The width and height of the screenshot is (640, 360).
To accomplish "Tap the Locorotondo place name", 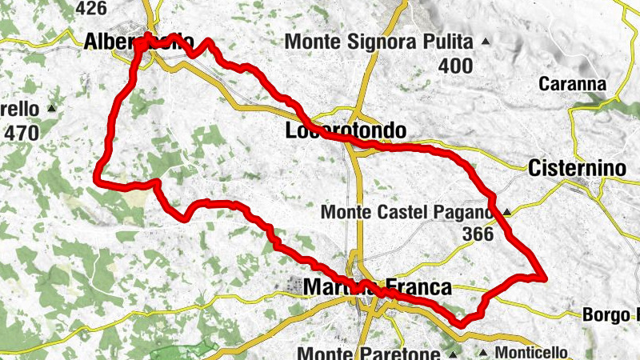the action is pos(346,130).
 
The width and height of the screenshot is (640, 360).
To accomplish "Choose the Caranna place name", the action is pos(572,83).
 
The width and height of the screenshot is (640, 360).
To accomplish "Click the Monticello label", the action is pos(531,353).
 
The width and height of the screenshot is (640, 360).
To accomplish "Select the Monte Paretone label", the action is pos(368,353).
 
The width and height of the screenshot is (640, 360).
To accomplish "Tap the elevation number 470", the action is pos(21,133).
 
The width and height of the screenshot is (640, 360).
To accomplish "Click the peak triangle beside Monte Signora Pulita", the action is pos(485,41).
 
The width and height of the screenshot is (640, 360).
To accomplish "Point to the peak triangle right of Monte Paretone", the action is pos(453,353).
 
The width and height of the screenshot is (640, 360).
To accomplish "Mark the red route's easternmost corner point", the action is pos(545,278).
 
